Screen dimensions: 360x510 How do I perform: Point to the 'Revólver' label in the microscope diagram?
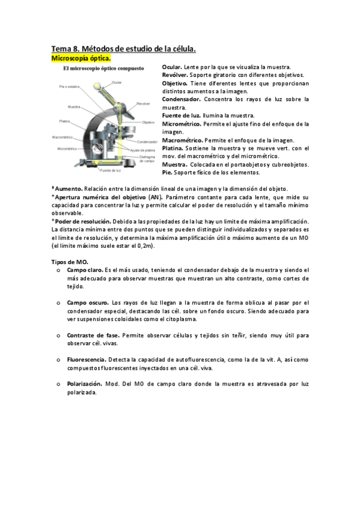(143, 103)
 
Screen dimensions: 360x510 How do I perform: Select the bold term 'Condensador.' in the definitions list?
(182, 99)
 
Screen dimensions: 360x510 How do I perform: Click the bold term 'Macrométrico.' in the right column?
(185, 140)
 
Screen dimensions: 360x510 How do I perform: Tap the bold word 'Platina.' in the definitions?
(175, 149)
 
